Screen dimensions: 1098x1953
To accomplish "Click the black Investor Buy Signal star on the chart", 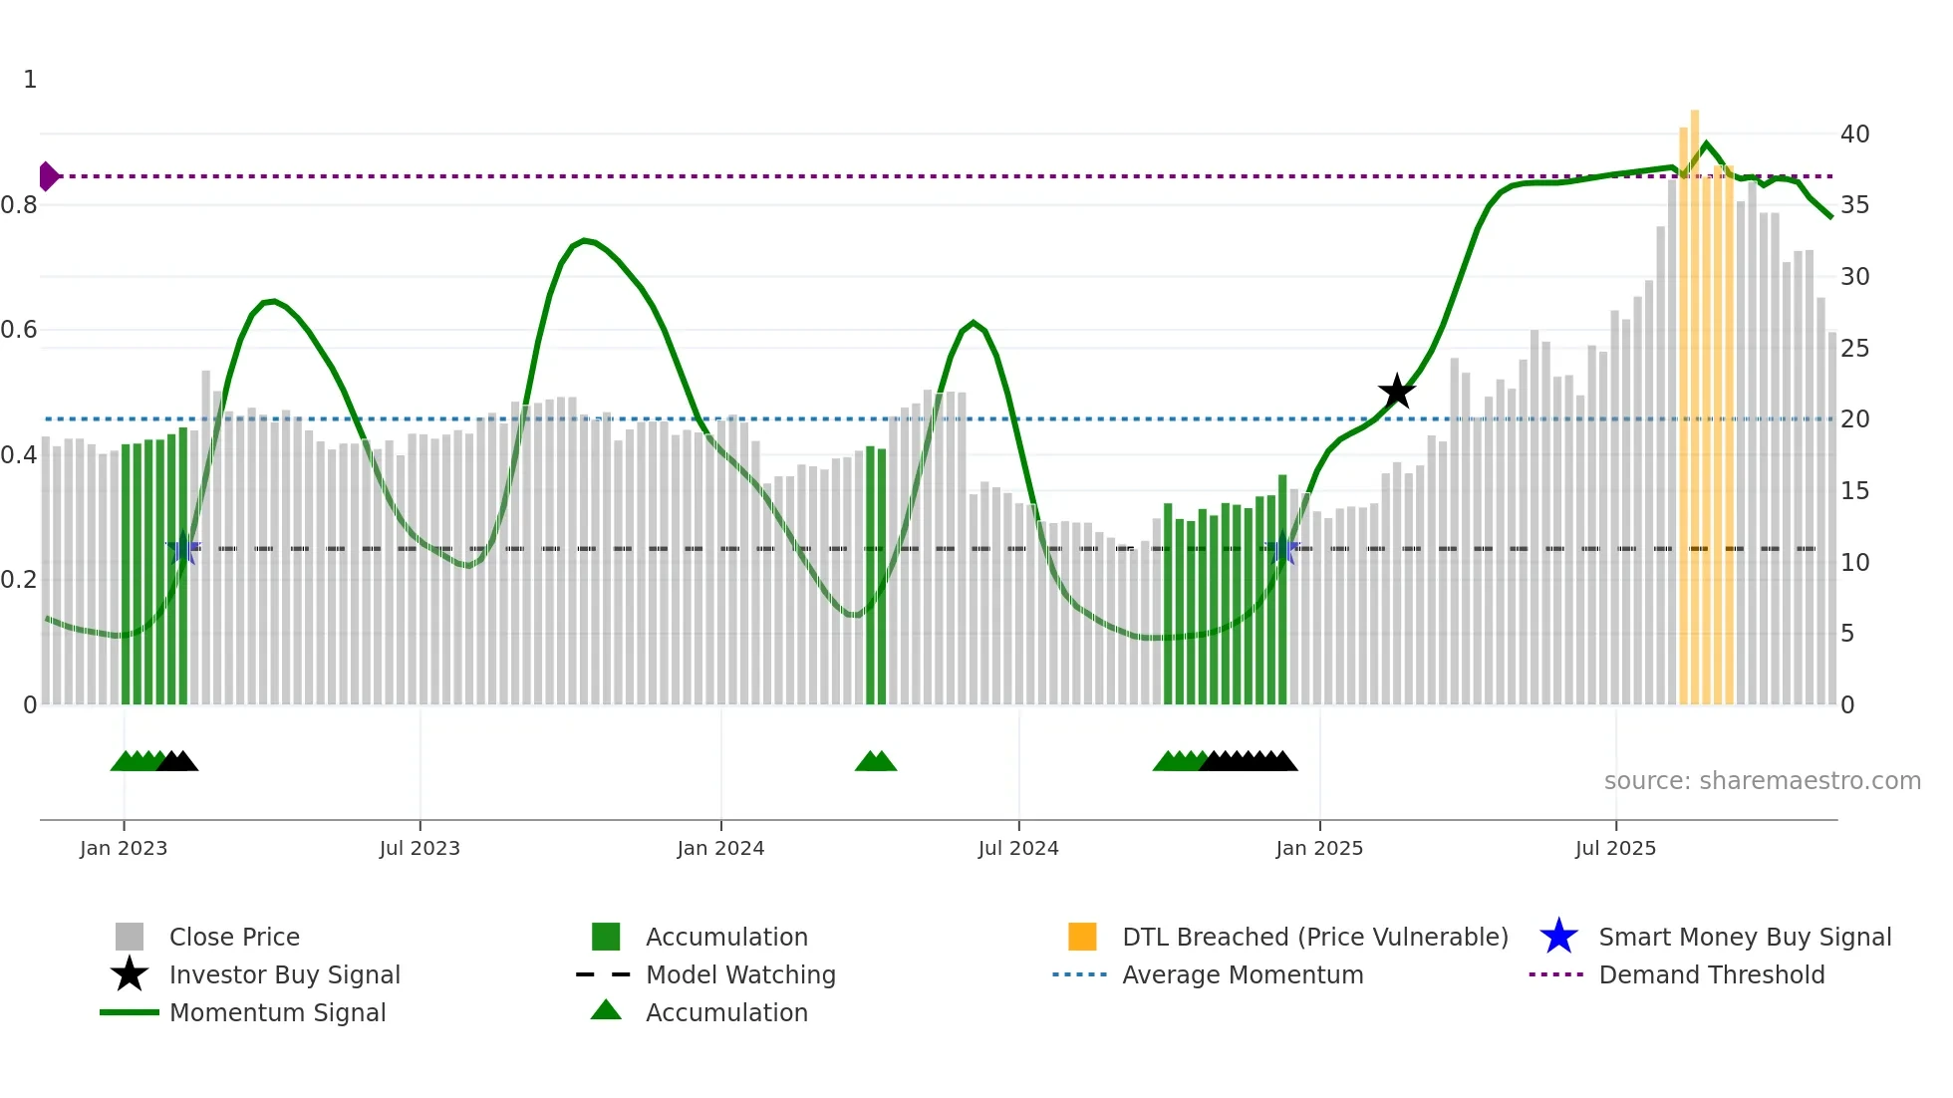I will pos(1397,392).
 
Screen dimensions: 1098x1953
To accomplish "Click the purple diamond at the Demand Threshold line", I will pos(48,176).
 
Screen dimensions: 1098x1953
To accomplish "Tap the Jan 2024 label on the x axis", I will pos(720,848).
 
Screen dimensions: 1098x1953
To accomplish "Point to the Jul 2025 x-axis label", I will pos(1615,848).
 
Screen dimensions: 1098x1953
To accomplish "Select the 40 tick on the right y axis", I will pos(1854,134).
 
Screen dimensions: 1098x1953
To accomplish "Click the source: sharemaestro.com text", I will pos(1762,780).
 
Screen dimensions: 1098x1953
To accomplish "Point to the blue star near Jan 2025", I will pos(1282,549).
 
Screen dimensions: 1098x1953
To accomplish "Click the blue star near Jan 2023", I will pos(182,549).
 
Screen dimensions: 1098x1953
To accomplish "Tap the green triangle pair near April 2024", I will pos(876,762).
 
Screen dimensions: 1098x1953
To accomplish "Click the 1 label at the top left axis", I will pos(30,80).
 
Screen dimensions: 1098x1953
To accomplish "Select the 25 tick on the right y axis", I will pos(1854,349).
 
